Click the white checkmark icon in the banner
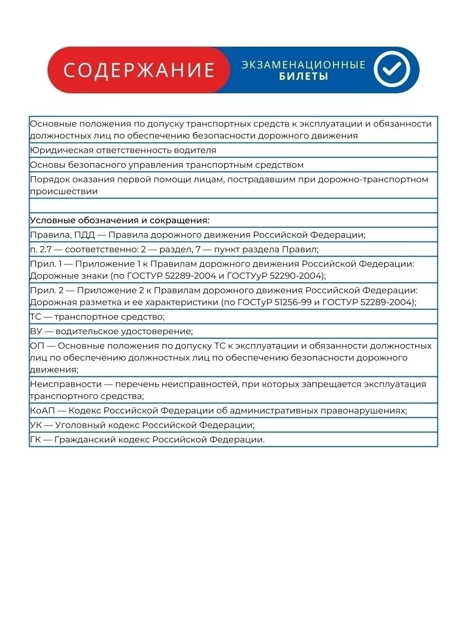(392, 70)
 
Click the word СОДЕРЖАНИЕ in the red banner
(139, 70)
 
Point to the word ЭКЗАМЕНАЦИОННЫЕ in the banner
(304, 65)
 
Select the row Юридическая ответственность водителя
(123, 150)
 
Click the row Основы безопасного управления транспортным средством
(167, 164)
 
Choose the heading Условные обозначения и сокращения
(119, 220)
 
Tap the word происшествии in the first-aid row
(64, 191)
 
